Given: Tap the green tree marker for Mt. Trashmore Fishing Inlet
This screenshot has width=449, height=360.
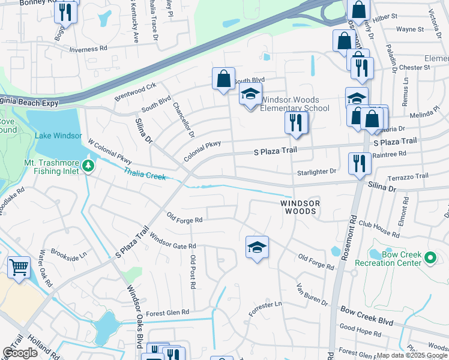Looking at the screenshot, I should [89, 164].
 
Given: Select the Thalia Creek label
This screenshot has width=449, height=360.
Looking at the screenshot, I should [145, 174].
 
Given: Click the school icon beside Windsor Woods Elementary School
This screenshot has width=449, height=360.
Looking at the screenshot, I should [250, 94].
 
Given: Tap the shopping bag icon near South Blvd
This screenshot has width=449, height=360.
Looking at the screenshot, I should [223, 78].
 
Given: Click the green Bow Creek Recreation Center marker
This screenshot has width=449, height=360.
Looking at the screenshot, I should [430, 258].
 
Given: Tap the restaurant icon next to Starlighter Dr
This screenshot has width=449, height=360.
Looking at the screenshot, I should [360, 163].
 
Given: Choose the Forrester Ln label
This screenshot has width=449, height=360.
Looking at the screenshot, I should [265, 304].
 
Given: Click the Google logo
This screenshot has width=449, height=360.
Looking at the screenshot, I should [20, 353].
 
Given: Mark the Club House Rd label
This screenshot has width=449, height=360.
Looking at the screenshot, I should [379, 228].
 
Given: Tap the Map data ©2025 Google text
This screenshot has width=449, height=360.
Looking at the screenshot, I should [412, 355].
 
